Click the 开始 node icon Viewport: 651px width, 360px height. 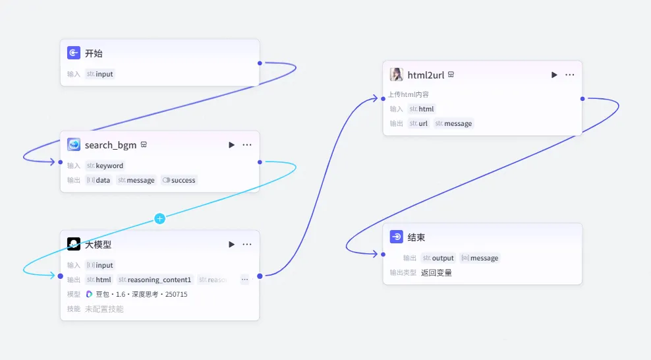[x=74, y=53]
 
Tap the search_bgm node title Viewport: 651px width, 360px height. [x=111, y=145]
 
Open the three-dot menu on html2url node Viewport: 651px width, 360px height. [x=570, y=75]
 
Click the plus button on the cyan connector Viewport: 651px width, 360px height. [x=159, y=218]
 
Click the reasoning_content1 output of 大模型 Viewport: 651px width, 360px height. [x=156, y=280]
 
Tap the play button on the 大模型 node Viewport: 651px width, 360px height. [x=231, y=244]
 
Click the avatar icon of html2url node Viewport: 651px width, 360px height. [x=397, y=75]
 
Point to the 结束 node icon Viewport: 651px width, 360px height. [x=397, y=237]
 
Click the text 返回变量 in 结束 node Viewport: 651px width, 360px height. [x=436, y=272]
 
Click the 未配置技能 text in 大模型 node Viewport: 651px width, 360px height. [x=104, y=309]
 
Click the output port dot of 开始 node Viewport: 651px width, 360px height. [x=260, y=63]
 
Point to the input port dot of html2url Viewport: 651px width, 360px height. [x=383, y=99]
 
